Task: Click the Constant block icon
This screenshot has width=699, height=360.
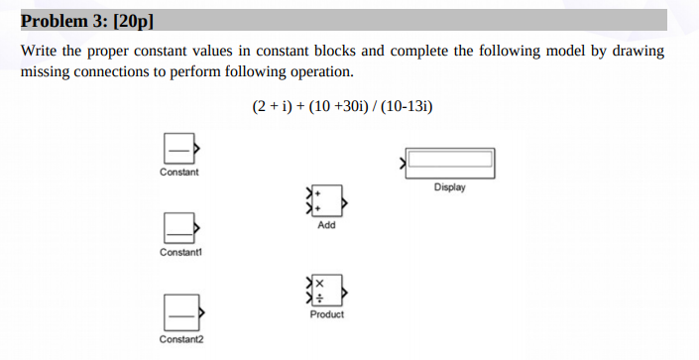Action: (178, 148)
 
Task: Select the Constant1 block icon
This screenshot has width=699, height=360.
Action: (178, 229)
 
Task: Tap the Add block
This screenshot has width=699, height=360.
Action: (326, 201)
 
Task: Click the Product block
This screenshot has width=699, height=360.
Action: (327, 292)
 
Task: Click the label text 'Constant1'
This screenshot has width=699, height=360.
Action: (178, 253)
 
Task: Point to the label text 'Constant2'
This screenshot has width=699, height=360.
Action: (179, 340)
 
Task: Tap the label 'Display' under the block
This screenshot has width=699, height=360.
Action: (449, 186)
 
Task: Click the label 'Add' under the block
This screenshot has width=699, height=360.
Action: (326, 225)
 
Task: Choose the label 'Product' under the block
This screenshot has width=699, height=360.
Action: (326, 314)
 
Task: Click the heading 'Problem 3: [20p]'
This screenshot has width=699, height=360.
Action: (87, 20)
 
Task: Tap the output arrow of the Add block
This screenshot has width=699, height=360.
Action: (344, 201)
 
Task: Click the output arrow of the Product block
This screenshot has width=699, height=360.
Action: (344, 292)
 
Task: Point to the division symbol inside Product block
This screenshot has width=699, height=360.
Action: (320, 299)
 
